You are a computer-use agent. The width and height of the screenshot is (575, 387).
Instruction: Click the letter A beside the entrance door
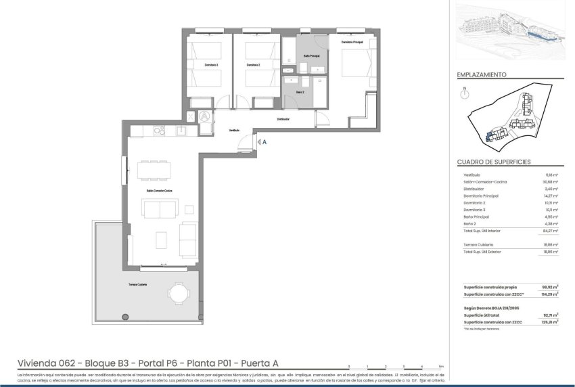tap(264, 142)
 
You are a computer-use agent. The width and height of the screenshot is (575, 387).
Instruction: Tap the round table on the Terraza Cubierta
tap(179, 293)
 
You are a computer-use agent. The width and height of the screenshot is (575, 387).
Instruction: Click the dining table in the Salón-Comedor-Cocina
tap(154, 170)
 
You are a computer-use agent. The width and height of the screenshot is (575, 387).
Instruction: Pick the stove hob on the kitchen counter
tap(157, 131)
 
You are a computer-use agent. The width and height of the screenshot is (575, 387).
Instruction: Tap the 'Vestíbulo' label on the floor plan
tap(234, 130)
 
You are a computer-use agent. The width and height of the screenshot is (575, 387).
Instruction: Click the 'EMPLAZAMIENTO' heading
tap(482, 75)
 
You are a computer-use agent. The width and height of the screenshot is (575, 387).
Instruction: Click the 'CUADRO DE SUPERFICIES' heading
tap(493, 162)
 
